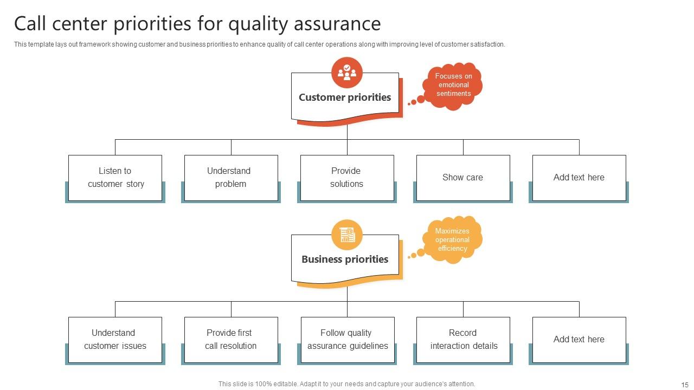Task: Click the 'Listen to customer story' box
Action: click(x=115, y=178)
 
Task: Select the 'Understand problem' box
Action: click(x=231, y=178)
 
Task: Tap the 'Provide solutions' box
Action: click(x=347, y=178)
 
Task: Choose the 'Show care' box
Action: click(x=463, y=178)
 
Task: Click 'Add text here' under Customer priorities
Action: click(x=579, y=178)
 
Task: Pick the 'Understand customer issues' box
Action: click(x=115, y=340)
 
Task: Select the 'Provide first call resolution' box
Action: click(x=231, y=340)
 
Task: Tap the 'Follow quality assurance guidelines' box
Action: click(x=348, y=340)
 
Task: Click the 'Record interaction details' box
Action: click(x=463, y=340)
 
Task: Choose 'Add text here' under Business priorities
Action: click(x=579, y=340)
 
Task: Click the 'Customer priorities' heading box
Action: click(x=345, y=98)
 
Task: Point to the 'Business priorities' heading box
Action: click(x=345, y=259)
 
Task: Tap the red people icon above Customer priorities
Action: click(x=347, y=72)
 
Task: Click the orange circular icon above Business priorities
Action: click(x=347, y=235)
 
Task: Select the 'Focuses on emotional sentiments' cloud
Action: click(x=454, y=86)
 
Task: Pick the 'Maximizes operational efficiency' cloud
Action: click(x=453, y=240)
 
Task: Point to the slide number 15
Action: click(x=685, y=385)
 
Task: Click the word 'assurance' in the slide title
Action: click(x=337, y=24)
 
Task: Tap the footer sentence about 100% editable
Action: click(x=347, y=384)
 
